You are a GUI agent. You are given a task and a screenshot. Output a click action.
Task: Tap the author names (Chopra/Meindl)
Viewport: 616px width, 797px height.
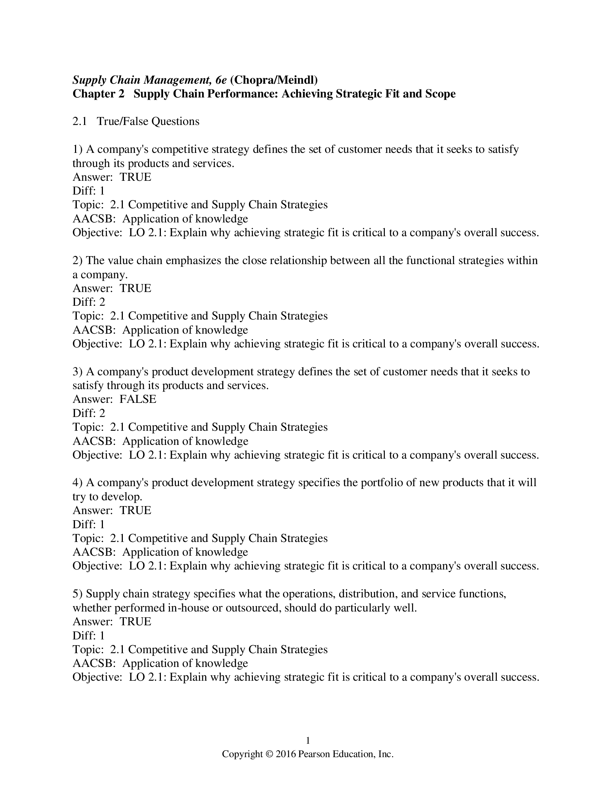pos(274,80)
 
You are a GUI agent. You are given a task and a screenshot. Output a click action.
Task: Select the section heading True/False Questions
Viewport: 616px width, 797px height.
pos(148,121)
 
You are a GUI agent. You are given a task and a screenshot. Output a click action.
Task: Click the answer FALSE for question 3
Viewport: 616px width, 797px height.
pos(138,399)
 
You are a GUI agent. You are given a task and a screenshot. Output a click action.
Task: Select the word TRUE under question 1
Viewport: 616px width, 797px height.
pos(136,177)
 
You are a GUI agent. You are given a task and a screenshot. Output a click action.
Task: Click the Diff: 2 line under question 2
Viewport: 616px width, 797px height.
pos(89,302)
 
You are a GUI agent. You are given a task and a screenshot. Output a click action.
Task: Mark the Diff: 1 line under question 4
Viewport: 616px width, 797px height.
pos(89,524)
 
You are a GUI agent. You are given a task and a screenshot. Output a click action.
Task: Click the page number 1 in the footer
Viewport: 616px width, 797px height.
pos(308,740)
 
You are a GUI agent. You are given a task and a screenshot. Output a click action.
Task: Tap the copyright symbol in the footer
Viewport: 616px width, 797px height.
pos(269,754)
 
